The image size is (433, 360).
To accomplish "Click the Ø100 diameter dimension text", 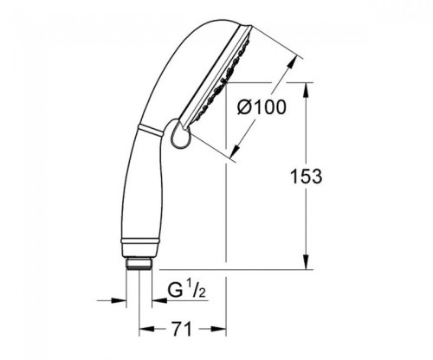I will [x=262, y=108].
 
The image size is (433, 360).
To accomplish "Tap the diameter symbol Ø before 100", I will [x=245, y=108].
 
